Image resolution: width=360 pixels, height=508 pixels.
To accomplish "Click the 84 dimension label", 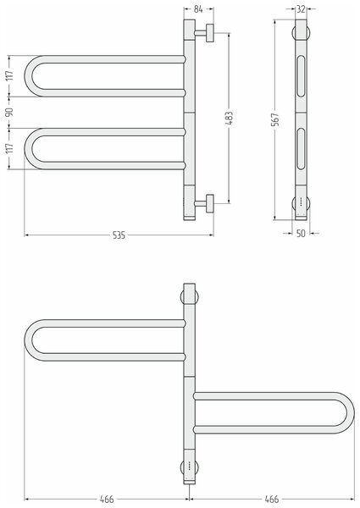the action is pos(198,9).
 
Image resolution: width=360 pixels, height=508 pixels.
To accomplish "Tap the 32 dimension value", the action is pos(301,9).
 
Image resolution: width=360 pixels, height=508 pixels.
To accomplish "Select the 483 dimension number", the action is pos(229,119).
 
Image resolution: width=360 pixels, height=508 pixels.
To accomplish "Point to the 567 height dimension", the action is pos(275,119).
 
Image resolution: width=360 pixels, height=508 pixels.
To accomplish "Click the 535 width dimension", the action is pos(119,235).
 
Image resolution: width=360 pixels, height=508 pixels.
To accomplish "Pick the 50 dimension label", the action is pos(301,234).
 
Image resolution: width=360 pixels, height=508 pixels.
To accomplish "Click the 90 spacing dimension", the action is pos(9,112).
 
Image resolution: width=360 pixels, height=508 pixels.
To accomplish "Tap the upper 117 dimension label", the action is pos(9,76).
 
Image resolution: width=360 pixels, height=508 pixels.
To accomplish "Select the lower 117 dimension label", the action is pos(9,148).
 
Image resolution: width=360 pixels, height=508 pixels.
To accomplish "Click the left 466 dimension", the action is pos(107,500).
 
